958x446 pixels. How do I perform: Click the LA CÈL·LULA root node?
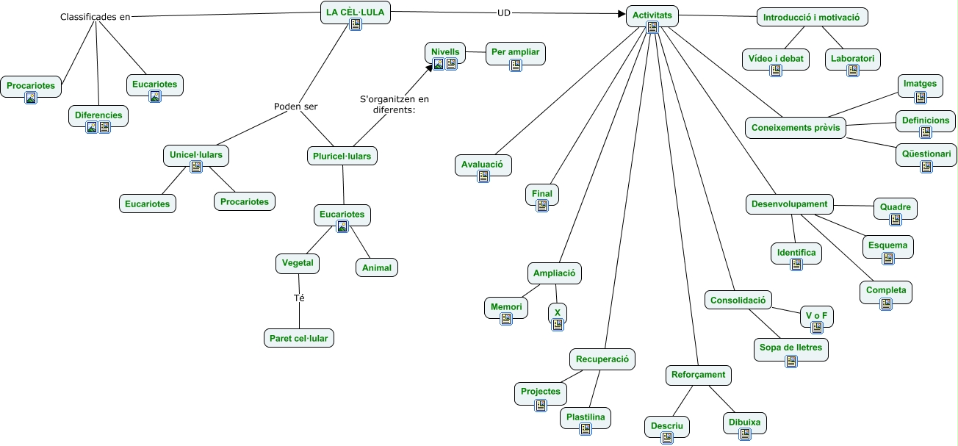(x=356, y=12)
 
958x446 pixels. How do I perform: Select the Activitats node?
(x=652, y=16)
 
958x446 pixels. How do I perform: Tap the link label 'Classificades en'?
(x=95, y=17)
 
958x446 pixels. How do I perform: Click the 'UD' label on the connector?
(x=504, y=12)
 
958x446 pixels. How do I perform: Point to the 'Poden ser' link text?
(x=295, y=106)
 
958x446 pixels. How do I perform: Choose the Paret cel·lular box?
(x=299, y=338)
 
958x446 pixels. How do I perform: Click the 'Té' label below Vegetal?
(x=299, y=298)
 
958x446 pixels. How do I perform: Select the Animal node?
(x=377, y=267)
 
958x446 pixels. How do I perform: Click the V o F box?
(x=816, y=317)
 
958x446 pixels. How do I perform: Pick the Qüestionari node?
(x=926, y=155)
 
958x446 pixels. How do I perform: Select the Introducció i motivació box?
(x=812, y=17)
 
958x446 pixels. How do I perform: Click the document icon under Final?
(x=542, y=206)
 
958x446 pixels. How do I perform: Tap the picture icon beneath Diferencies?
(x=92, y=127)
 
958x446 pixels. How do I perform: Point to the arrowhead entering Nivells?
(x=430, y=68)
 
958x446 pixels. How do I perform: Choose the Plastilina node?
(x=586, y=418)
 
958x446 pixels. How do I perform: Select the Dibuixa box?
(x=745, y=423)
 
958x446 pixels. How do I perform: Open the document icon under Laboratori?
(x=853, y=71)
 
